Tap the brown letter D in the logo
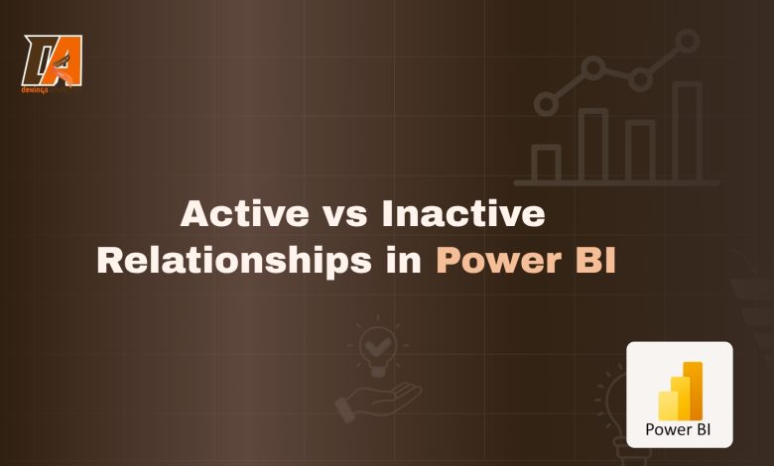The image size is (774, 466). tap(40, 59)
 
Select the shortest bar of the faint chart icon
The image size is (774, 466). tap(545, 163)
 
